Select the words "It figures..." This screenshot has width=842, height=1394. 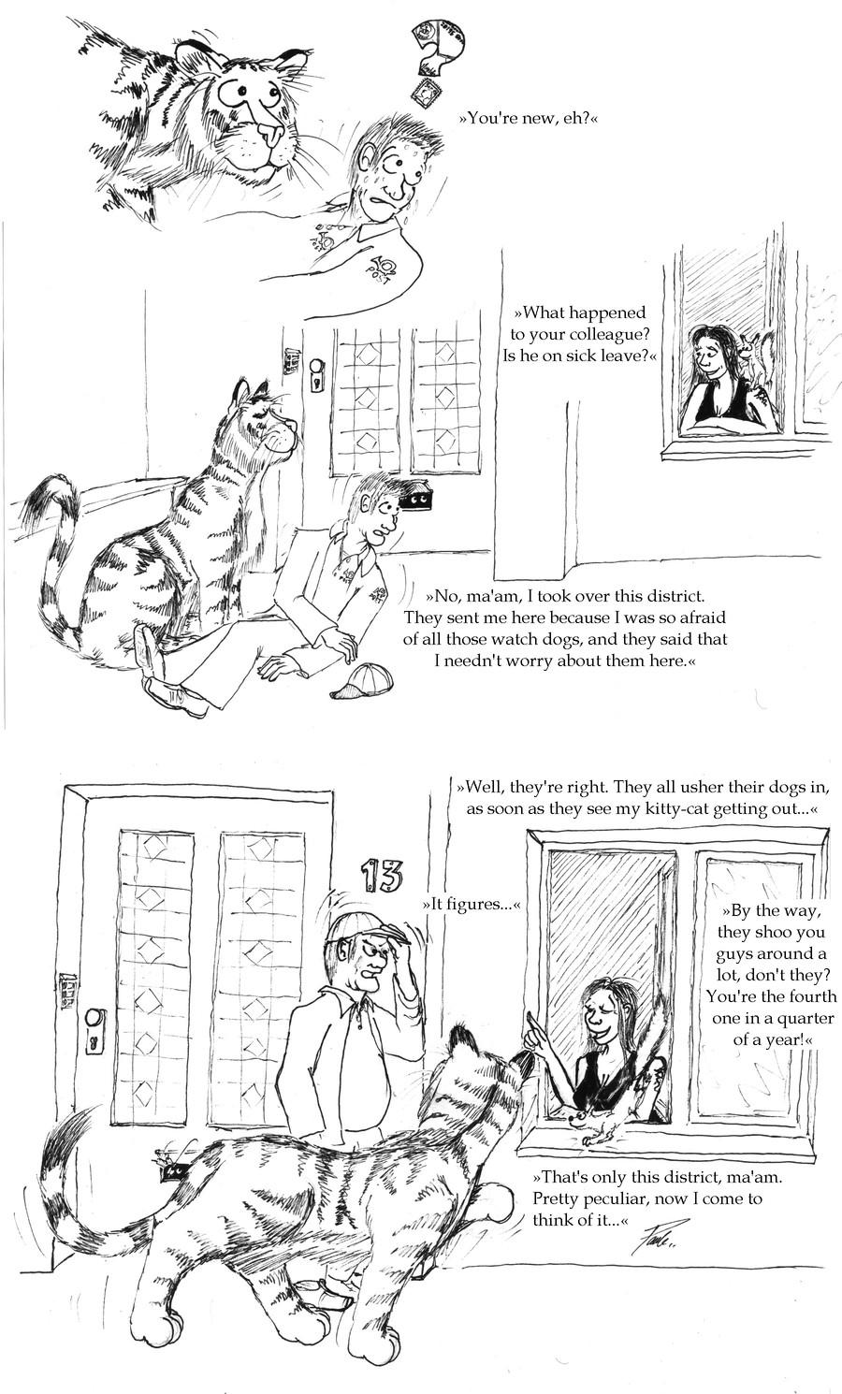coord(470,905)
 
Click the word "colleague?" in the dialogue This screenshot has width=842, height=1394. coord(612,335)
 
